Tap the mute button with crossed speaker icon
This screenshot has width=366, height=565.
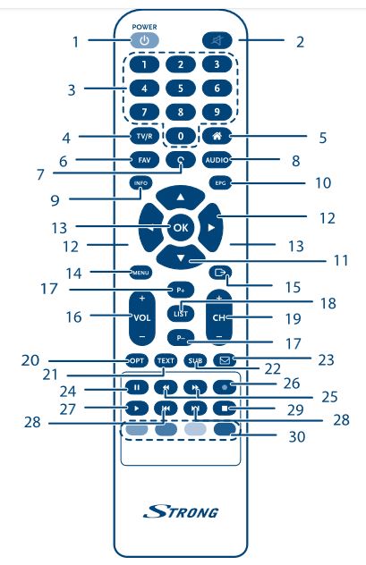click(x=217, y=40)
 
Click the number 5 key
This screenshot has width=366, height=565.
click(x=181, y=88)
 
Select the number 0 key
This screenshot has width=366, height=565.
click(x=181, y=136)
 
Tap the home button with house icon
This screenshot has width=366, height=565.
click(x=217, y=136)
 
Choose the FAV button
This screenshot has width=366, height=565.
click(x=144, y=160)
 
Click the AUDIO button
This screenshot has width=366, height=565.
click(x=217, y=160)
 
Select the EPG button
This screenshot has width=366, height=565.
click(x=220, y=183)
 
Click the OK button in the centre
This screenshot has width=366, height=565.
click(x=181, y=227)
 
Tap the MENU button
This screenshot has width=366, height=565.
click(x=140, y=273)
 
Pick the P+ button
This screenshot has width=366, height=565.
click(x=181, y=290)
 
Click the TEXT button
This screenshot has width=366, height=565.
click(x=166, y=360)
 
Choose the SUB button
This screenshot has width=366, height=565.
click(x=195, y=360)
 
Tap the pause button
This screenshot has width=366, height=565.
click(x=137, y=387)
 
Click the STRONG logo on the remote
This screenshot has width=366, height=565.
click(x=181, y=511)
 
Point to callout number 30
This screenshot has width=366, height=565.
click(x=297, y=437)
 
